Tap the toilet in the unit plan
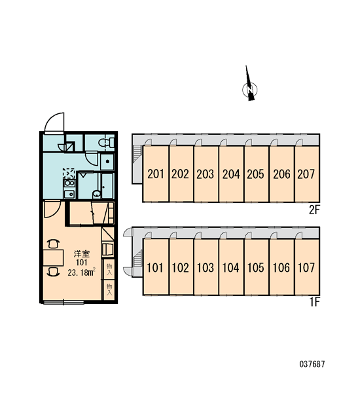(x=106, y=143)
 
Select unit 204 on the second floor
(x=231, y=174)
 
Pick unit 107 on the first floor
(x=307, y=267)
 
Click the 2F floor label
(x=314, y=210)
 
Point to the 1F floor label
(x=315, y=303)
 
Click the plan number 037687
(x=312, y=364)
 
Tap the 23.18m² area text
(x=81, y=272)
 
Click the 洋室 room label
(x=82, y=254)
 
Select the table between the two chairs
(x=53, y=257)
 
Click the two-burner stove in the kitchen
(x=69, y=183)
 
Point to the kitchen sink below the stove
(x=69, y=194)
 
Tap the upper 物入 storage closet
(x=109, y=269)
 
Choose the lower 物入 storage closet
(x=109, y=290)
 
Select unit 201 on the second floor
(x=156, y=174)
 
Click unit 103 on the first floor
(x=206, y=267)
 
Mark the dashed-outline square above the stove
(x=69, y=173)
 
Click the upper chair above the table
(x=54, y=244)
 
